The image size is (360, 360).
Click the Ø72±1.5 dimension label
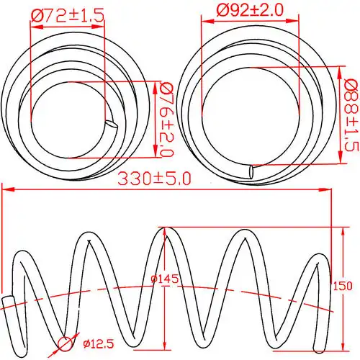pos(66,14)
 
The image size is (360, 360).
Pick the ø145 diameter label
pos(165,279)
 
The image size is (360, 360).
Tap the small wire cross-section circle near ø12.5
pos(66,344)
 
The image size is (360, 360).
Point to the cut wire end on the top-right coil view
pos(251,172)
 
